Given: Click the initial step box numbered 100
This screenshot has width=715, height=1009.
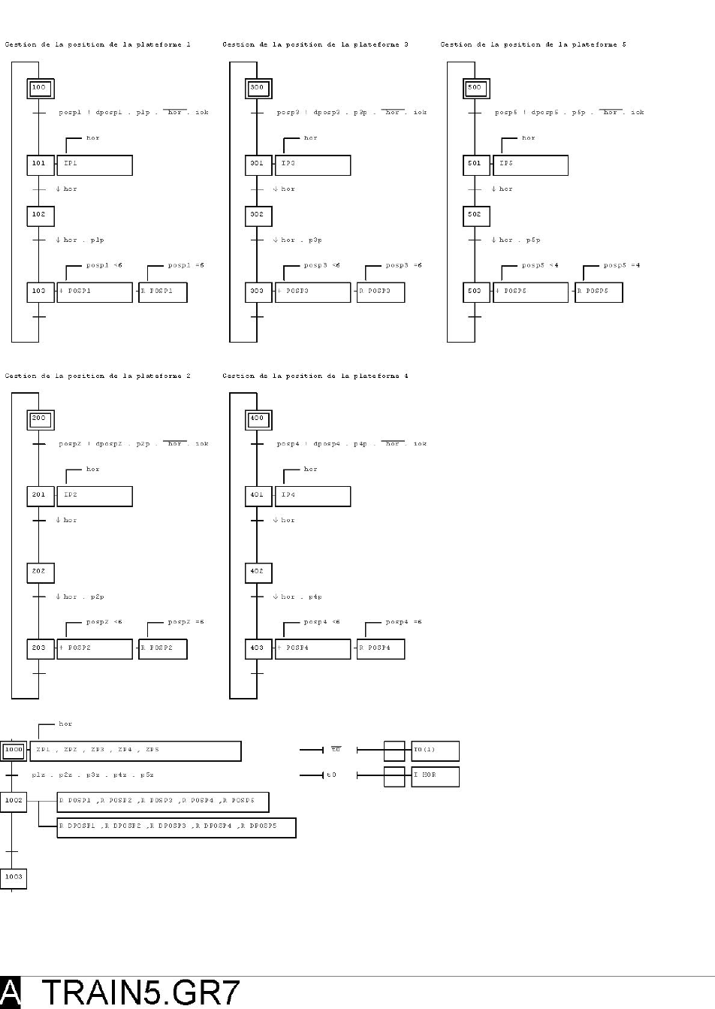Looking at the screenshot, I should [40, 89].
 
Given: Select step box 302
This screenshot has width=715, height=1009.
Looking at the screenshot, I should [258, 216].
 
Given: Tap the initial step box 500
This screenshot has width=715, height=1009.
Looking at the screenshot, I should [475, 89].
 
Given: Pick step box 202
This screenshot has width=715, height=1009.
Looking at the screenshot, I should [40, 572].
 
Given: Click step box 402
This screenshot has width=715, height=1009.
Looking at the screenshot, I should [258, 572].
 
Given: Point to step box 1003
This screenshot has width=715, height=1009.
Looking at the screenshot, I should [14, 878].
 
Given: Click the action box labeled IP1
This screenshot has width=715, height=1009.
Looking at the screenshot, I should [95, 165].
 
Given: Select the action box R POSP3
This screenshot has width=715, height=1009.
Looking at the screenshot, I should [381, 292].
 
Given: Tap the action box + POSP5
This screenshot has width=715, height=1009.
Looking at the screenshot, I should [530, 292].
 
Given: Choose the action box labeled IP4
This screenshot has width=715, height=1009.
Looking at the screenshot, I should [312, 496].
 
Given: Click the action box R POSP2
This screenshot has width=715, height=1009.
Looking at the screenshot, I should [163, 649].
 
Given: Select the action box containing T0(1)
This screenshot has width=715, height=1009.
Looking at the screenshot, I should [435, 751].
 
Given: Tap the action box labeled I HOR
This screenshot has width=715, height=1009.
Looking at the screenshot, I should [435, 776].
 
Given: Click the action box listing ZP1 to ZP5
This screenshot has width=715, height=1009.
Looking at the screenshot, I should [135, 751].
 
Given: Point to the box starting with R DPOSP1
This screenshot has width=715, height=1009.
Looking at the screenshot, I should [176, 827].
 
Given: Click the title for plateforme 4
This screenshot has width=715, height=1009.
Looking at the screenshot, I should [315, 376].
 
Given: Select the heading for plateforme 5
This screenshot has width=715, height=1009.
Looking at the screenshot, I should [533, 44].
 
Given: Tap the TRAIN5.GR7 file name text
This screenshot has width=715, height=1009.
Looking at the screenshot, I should [140, 992].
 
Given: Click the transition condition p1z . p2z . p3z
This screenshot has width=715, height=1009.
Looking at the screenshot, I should [92, 775].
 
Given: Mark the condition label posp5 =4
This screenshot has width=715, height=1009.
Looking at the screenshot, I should [622, 265].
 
